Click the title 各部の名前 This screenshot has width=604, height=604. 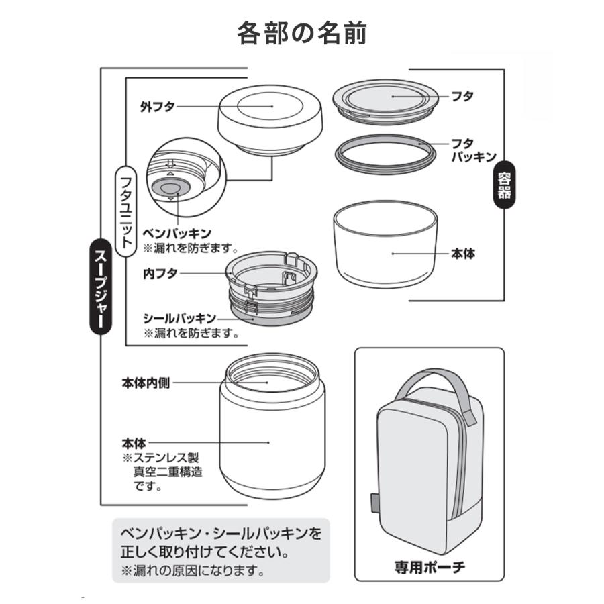point(301,32)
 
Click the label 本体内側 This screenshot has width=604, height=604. point(145,383)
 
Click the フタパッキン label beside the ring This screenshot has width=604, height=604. point(472,150)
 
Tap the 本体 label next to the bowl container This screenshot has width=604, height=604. point(464,254)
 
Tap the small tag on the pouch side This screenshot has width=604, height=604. point(372,503)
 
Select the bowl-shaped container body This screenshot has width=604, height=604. point(385,248)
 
